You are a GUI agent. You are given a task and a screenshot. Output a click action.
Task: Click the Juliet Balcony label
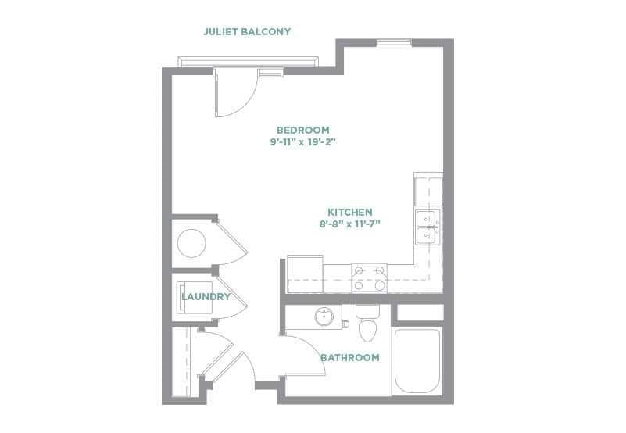click(x=247, y=32)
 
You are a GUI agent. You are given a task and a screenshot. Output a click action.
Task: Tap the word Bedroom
click(x=302, y=130)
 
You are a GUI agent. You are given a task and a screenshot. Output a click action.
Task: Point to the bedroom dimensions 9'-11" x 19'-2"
click(x=302, y=142)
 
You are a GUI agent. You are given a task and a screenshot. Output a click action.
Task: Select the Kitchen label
click(x=349, y=212)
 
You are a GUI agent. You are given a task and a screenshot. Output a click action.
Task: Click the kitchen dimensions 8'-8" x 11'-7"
click(x=349, y=224)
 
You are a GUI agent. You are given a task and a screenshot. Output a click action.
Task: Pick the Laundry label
click(x=206, y=297)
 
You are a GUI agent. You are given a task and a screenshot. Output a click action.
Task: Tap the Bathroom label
click(x=349, y=358)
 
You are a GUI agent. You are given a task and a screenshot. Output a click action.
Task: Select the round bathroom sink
click(x=325, y=317)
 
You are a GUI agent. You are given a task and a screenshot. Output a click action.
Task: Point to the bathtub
click(x=417, y=362)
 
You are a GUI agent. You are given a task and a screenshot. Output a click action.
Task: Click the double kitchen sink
click(x=426, y=226)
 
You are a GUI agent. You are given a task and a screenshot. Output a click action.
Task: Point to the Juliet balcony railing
click(x=248, y=60)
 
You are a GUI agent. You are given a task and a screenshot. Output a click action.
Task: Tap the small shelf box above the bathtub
click(x=420, y=313)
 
